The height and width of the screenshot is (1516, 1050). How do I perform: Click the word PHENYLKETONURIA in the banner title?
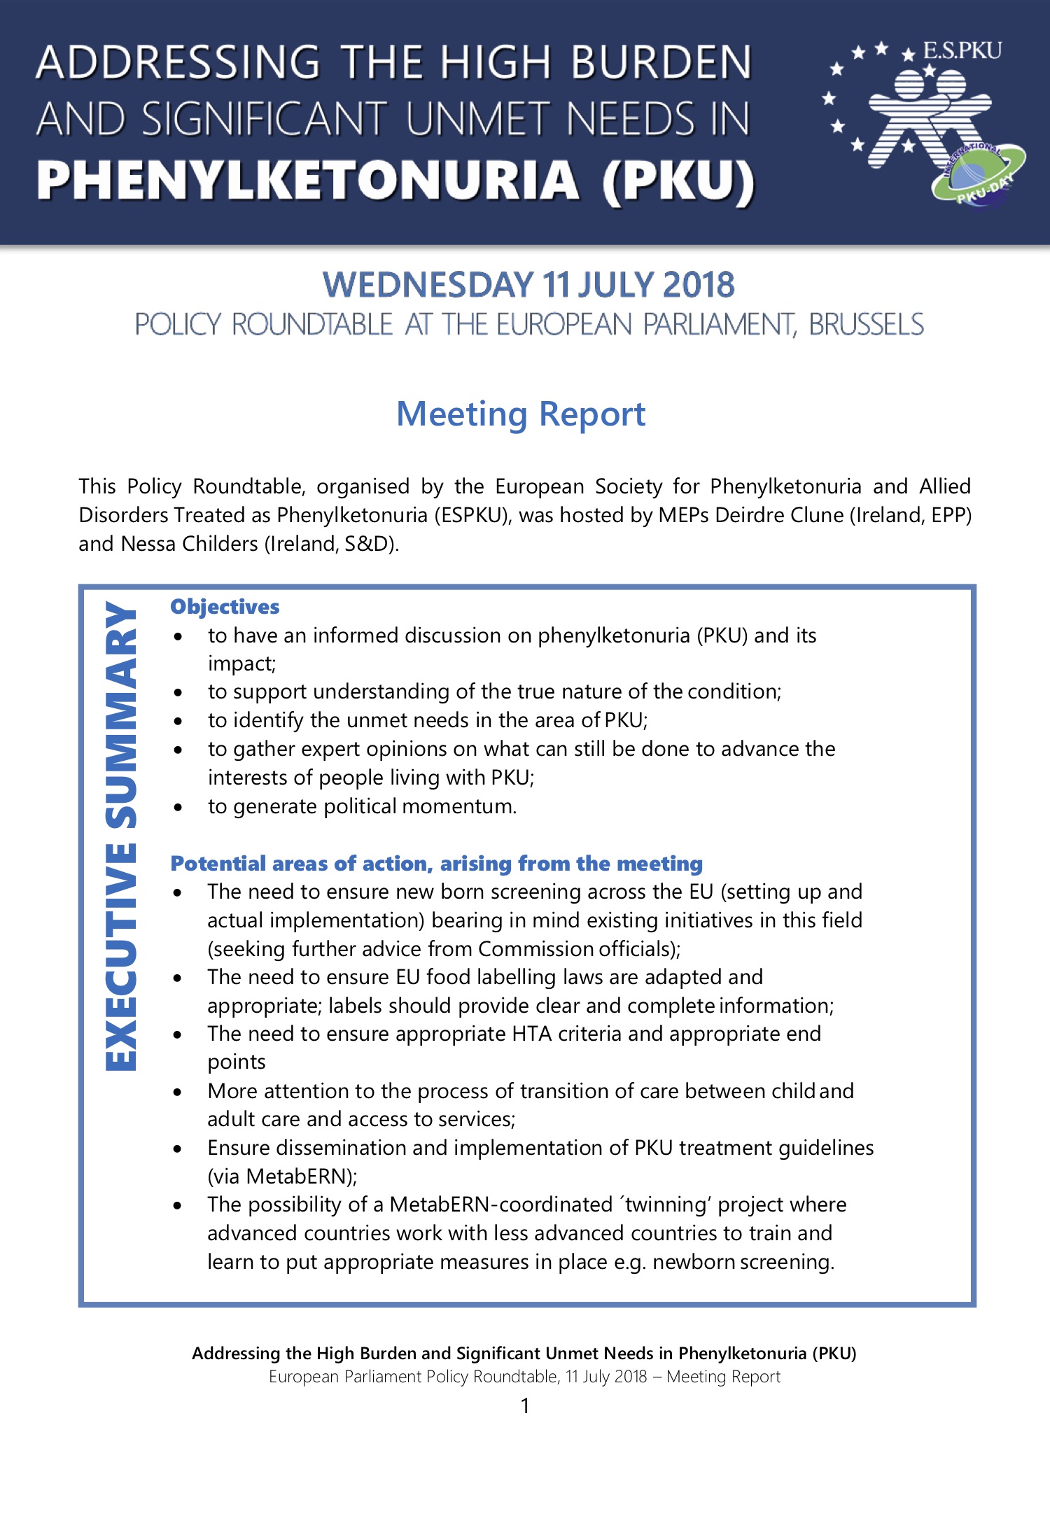point(308,181)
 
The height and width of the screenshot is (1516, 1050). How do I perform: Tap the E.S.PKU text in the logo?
point(962,51)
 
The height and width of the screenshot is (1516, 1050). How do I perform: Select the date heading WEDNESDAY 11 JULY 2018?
point(528,285)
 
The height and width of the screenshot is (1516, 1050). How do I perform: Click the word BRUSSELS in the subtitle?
point(866,325)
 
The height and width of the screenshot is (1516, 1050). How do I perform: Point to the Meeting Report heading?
point(521,414)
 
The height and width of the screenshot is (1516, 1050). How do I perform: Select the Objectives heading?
point(225,607)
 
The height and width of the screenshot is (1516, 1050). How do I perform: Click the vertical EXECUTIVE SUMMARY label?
point(120,836)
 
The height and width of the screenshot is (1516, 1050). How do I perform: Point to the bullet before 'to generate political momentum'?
point(179,807)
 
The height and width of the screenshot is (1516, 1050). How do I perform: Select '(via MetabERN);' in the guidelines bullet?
point(282,1177)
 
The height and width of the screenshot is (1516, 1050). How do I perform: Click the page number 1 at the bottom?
point(525,1405)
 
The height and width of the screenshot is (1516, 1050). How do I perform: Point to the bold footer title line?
point(524,1353)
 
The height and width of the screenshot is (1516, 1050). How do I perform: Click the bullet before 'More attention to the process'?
point(178,1092)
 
